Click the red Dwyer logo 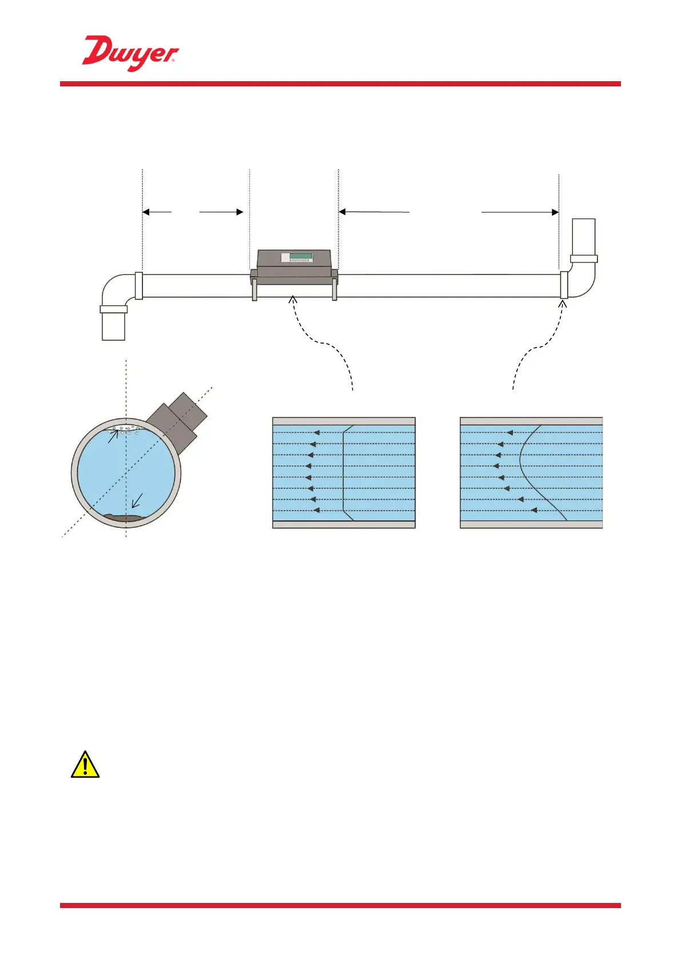pos(130,53)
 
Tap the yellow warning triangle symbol pos(85,765)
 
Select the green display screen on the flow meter pos(300,256)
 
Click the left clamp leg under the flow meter pos(254,289)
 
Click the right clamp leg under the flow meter pos(334,289)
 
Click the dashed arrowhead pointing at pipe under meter pos(293,299)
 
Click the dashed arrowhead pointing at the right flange pos(563,304)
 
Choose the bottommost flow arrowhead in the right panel pos(533,510)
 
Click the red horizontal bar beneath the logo pos(340,84)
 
